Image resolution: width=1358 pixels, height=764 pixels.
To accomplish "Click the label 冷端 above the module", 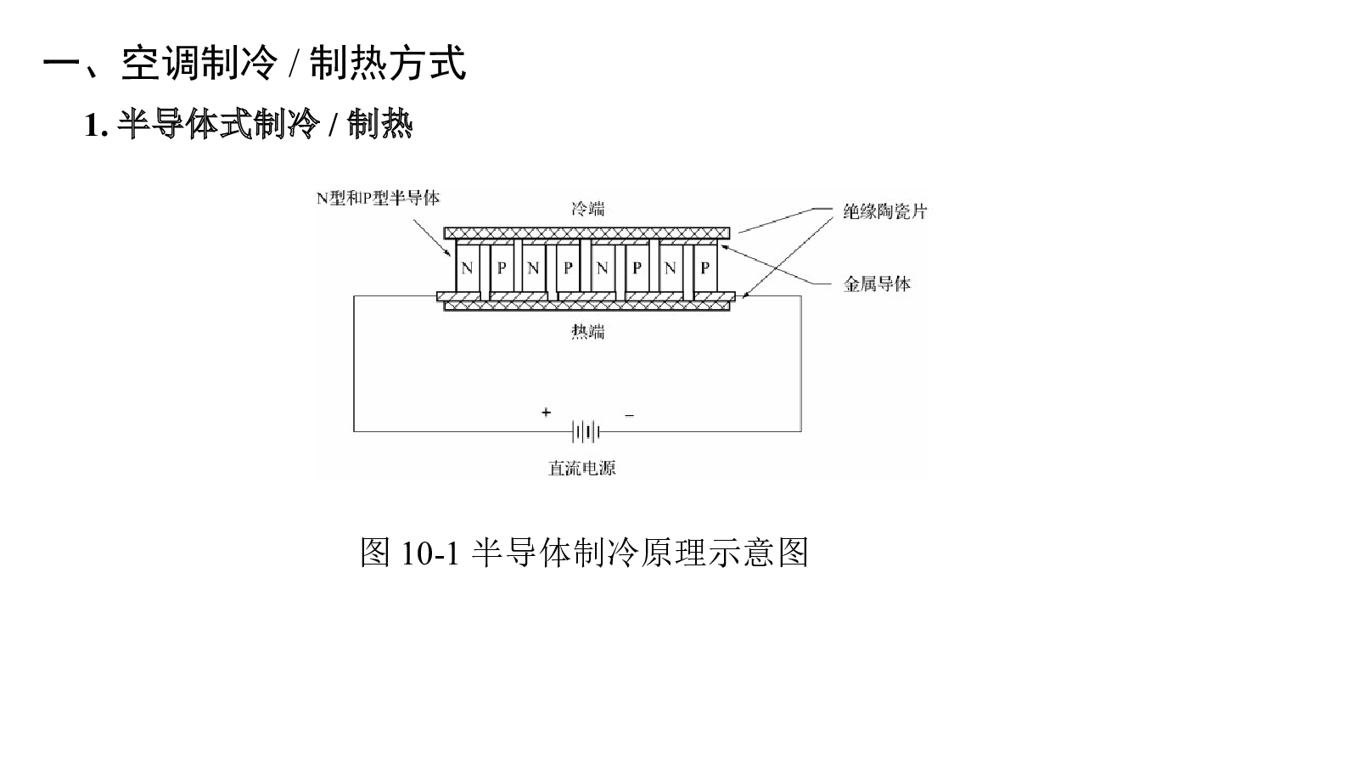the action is [x=587, y=209].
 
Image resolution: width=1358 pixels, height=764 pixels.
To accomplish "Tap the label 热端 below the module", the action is [x=587, y=332].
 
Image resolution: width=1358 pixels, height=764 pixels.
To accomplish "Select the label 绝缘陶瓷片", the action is [x=885, y=211].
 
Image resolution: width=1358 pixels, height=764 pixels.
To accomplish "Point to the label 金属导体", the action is [x=878, y=284].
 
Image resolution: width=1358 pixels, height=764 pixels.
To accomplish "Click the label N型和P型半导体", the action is [x=379, y=198].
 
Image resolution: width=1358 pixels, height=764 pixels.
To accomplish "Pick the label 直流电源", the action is [x=582, y=468].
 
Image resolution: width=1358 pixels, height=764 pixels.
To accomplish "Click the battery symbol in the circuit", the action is [x=586, y=432].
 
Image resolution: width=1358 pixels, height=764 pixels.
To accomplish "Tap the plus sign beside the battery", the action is [x=547, y=413].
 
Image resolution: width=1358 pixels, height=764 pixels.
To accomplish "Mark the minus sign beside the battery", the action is [x=629, y=415].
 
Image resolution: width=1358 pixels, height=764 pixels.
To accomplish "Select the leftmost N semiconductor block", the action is [x=467, y=267].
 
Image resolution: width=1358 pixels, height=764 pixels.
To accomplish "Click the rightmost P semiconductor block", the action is [x=705, y=267].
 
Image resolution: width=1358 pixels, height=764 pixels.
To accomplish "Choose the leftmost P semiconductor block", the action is [x=502, y=267].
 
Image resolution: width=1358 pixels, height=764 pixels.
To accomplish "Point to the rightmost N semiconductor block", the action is [x=670, y=267].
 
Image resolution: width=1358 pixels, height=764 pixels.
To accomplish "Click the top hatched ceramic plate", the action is [x=586, y=233].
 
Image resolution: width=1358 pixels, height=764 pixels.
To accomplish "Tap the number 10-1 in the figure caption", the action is [x=430, y=553].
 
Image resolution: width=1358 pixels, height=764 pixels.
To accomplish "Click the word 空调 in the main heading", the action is [x=160, y=63].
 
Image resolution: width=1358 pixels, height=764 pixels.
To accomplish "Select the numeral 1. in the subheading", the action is [x=97, y=126].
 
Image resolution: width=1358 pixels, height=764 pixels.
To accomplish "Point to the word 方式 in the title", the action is [x=427, y=63].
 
